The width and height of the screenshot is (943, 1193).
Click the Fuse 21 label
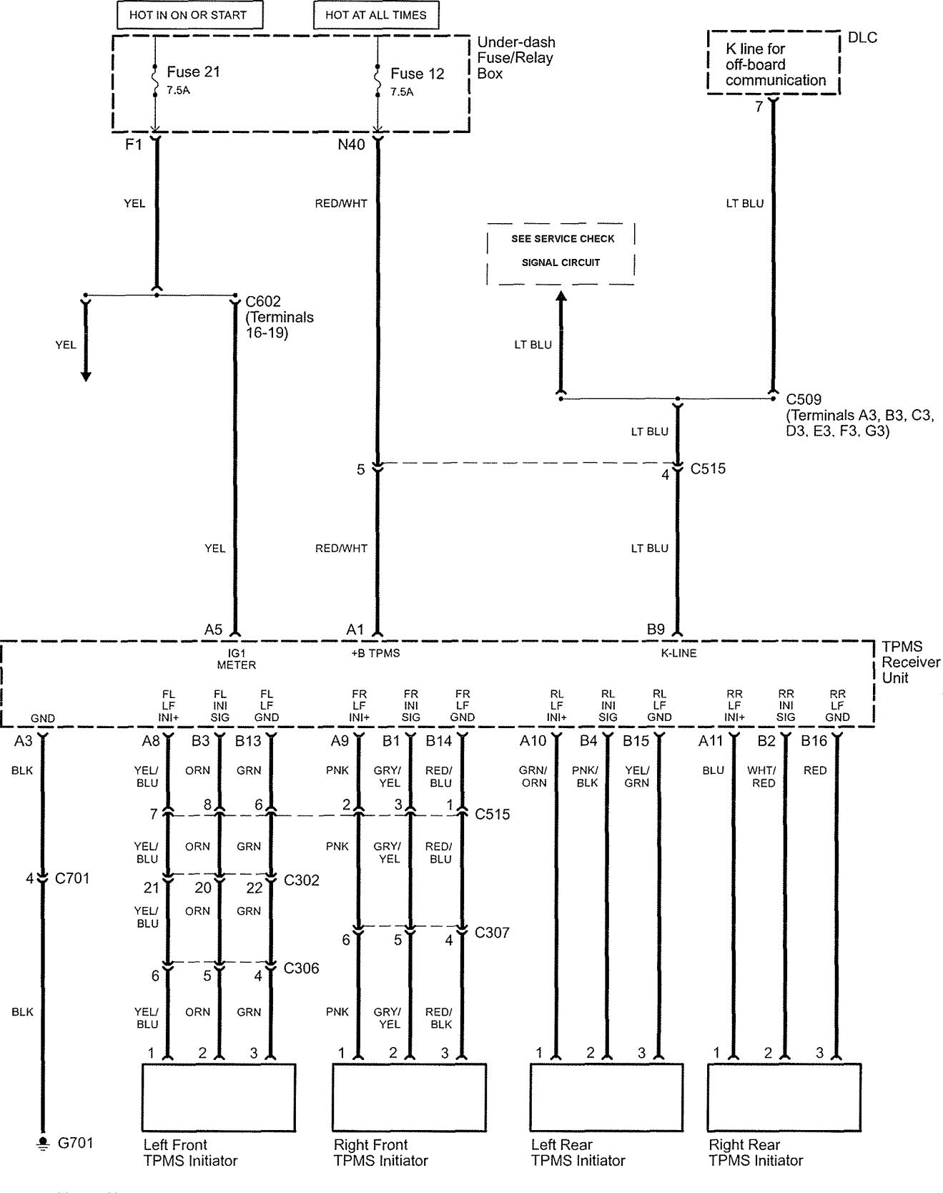coord(193,72)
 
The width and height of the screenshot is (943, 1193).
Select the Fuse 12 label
coord(418,73)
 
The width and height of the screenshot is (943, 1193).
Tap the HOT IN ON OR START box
coord(188,14)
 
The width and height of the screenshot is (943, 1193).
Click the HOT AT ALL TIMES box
coord(375,14)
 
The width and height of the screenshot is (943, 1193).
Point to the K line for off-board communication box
coord(774,63)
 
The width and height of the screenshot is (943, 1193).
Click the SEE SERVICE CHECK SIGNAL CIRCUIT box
coord(561,253)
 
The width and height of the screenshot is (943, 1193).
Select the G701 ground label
coord(75,1143)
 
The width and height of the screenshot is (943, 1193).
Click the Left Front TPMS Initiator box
coord(219,1096)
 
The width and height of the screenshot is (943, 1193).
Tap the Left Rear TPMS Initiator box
coord(606,1096)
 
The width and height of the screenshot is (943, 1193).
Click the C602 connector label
coord(263,301)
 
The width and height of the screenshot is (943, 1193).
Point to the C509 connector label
coord(804,399)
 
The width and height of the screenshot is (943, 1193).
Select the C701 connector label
coord(72,878)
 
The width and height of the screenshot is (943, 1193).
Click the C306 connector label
coord(301,968)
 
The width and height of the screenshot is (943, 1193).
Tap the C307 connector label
coord(492,933)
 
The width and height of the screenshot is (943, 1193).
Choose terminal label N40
coord(351,145)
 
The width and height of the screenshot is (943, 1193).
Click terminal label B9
coord(656,629)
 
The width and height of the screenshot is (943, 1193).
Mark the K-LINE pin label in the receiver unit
coord(678,653)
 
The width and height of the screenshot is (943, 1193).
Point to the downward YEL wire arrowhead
coord(86,376)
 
